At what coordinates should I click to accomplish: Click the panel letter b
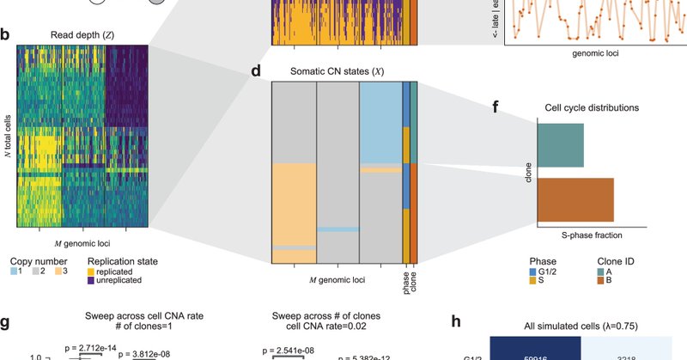pyautogui.click(x=6, y=36)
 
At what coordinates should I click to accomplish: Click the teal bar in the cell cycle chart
pyautogui.click(x=561, y=144)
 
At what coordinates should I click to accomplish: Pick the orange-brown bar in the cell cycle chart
pyautogui.click(x=575, y=199)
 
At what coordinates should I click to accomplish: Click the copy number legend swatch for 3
pyautogui.click(x=62, y=269)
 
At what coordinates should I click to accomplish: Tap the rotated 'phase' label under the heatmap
pyautogui.click(x=406, y=277)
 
